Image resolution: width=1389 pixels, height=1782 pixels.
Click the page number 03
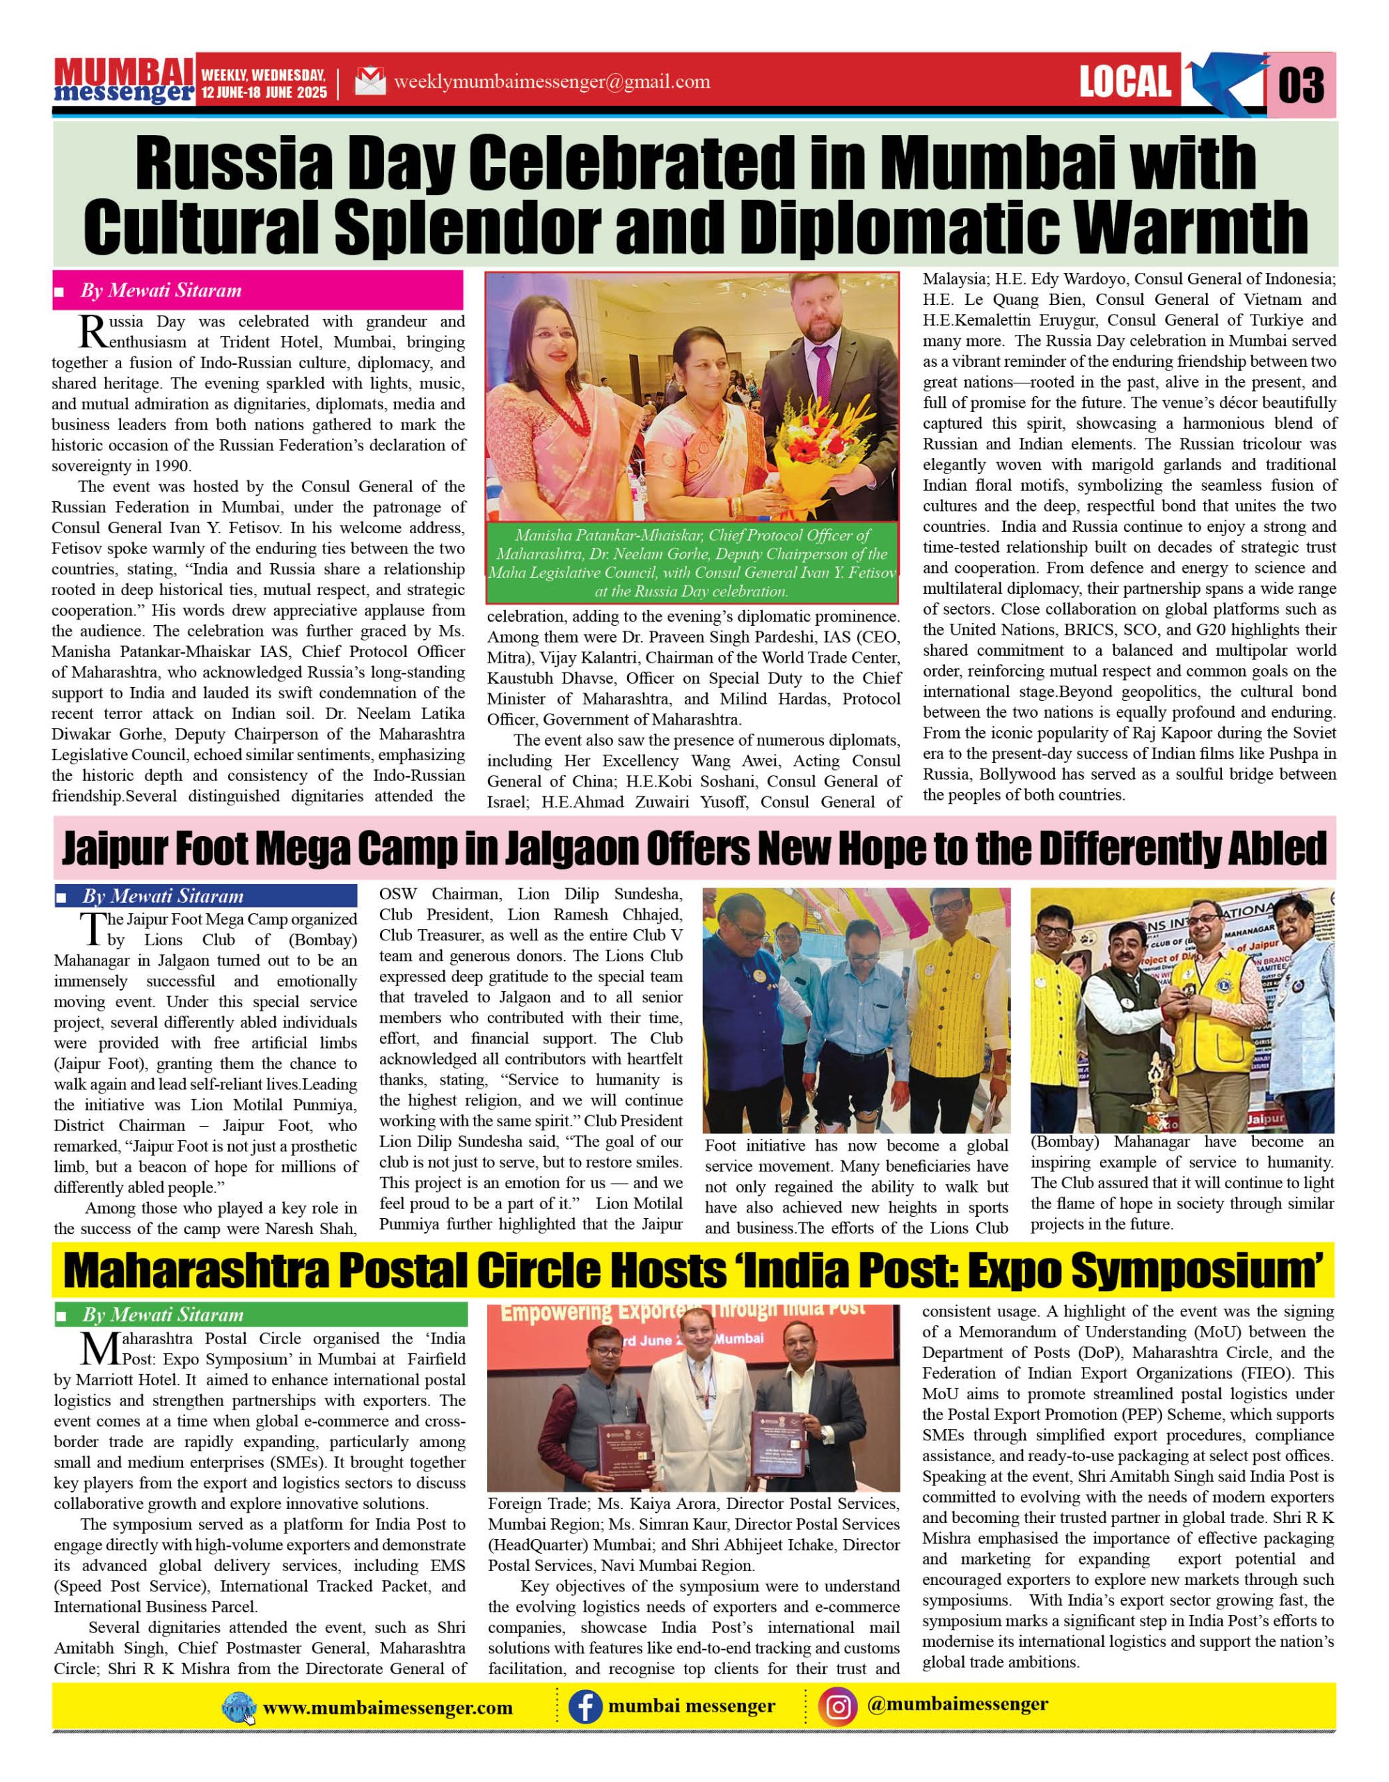(1300, 85)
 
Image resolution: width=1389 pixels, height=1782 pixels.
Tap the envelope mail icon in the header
(370, 81)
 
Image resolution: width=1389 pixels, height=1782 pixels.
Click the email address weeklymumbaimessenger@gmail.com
(551, 81)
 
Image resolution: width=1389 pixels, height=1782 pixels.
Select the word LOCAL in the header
(1125, 81)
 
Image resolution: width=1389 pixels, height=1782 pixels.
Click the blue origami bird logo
(1221, 81)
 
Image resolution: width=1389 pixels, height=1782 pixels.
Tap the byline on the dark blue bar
(162, 896)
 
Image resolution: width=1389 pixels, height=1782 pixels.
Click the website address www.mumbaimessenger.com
(388, 1708)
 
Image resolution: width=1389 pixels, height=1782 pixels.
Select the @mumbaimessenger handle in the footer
(958, 1705)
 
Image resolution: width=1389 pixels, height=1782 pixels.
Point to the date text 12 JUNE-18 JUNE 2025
(264, 92)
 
